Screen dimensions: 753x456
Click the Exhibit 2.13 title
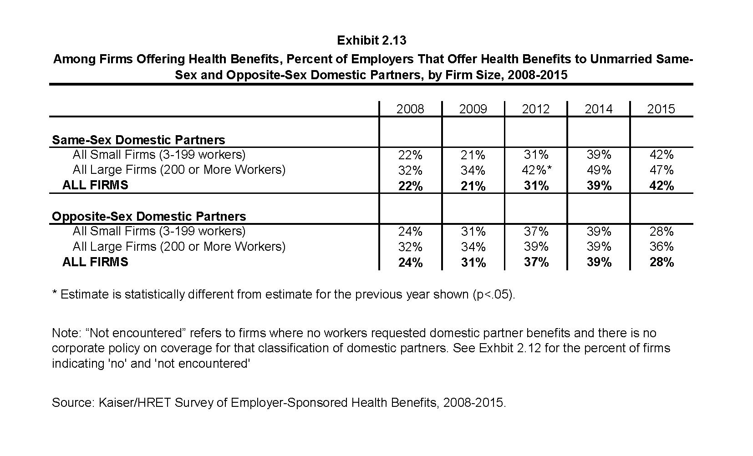(371, 41)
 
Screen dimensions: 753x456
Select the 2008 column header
(410, 109)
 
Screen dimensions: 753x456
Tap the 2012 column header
(535, 109)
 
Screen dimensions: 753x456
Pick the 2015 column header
(661, 109)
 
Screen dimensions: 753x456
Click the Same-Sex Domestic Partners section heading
(138, 140)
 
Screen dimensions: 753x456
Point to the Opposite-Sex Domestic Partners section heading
(149, 217)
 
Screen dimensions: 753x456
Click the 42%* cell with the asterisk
(536, 170)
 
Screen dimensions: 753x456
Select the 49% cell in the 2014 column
(599, 170)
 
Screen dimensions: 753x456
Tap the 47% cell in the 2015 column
(661, 170)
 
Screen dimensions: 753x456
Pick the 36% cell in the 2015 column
(661, 247)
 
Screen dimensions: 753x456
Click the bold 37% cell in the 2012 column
(536, 262)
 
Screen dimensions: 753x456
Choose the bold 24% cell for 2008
(411, 262)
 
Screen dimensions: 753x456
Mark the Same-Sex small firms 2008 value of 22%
(410, 155)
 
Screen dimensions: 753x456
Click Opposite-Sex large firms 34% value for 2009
(473, 247)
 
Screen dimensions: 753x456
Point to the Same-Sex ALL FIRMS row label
(95, 185)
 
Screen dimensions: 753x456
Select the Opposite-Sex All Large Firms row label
(179, 247)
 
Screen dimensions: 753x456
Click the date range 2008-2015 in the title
(538, 75)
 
